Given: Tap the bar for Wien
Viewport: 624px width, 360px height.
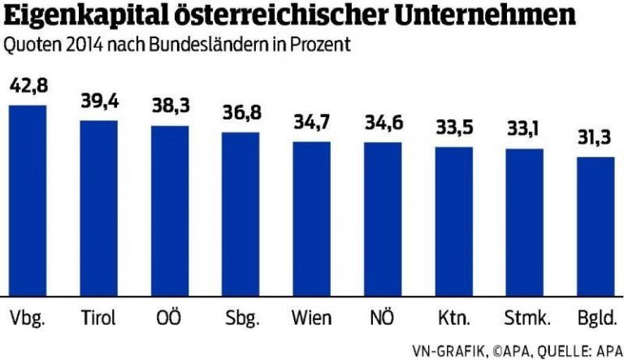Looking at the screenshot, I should tap(311, 219).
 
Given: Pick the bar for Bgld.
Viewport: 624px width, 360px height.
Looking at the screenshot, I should tap(596, 227).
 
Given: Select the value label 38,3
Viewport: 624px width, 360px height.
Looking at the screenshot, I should tap(170, 108).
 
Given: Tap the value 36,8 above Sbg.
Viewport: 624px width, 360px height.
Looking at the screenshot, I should tap(240, 115).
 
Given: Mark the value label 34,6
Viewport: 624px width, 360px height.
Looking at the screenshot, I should tap(382, 125).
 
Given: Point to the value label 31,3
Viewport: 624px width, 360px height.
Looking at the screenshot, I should tap(596, 139).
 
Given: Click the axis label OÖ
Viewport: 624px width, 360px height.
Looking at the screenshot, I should tap(170, 315).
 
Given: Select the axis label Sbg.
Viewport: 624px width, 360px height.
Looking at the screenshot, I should tap(240, 316).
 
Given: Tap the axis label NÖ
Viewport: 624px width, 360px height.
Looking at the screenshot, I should tap(382, 315).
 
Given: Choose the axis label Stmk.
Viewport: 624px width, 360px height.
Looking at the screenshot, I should tap(524, 315).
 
